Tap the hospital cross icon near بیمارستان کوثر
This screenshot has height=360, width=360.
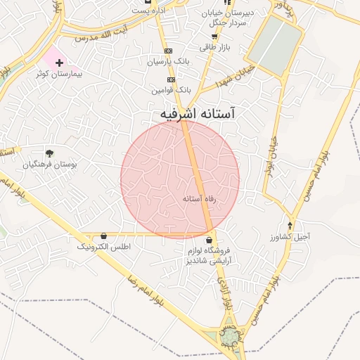coord(59,63)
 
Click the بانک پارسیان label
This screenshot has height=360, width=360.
coord(169,62)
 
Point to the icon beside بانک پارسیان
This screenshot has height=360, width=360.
coord(168,51)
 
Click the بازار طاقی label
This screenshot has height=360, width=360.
coord(213,47)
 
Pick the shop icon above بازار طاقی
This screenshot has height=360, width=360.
coord(214,37)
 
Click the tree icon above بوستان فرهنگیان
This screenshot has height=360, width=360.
coord(49,153)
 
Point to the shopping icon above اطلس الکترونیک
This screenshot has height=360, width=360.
coord(104,236)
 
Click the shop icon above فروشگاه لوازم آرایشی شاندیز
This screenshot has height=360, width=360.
coord(210,240)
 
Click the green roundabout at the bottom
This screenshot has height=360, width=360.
coord(229,338)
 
